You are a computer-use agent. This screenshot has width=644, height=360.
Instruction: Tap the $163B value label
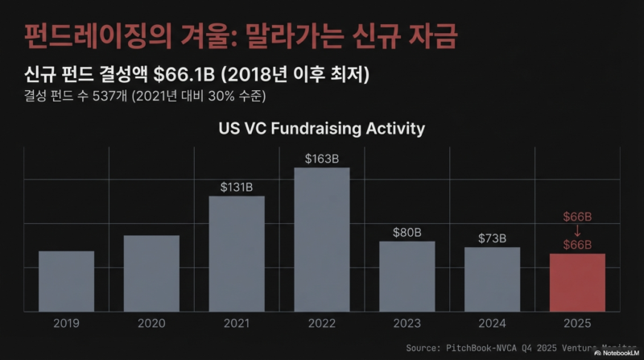coord(322,159)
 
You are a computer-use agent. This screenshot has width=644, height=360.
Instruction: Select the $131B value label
coord(237,187)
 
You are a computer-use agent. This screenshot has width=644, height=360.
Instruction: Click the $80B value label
coord(407,233)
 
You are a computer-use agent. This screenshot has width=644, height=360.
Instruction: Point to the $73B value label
coord(492,238)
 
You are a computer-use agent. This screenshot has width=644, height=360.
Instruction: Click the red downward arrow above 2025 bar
coord(577,230)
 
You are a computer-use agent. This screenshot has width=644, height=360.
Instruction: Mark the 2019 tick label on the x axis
coord(66,323)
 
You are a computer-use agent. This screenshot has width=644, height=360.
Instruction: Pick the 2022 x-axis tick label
coord(322,323)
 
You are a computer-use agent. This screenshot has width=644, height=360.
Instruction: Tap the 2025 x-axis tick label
coord(577,323)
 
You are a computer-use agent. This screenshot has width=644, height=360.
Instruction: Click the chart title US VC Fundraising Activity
coord(322,128)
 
